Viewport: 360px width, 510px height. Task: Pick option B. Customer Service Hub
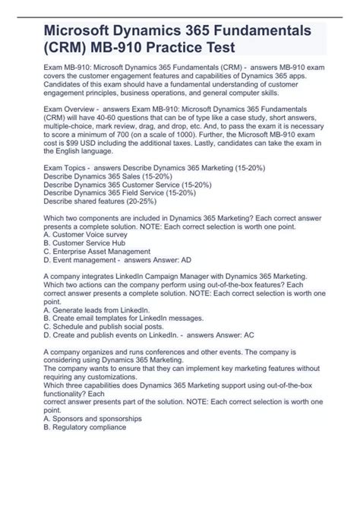[88, 243]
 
